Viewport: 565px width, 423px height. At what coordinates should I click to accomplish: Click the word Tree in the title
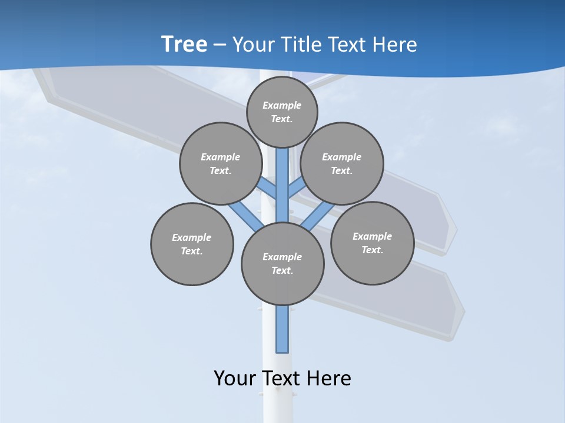coord(184,45)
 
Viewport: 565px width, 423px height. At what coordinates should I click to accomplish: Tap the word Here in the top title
coord(395,45)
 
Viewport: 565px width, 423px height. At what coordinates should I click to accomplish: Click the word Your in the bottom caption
coord(235,378)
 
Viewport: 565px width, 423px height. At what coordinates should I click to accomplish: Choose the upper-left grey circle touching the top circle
coord(220,163)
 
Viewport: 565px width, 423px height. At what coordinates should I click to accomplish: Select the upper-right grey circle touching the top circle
coord(342,163)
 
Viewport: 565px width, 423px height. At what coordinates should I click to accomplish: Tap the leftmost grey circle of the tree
coord(192,244)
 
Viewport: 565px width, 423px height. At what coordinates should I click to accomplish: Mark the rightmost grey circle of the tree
coord(372,243)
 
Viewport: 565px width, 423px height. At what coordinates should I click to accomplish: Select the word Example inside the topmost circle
coord(282,106)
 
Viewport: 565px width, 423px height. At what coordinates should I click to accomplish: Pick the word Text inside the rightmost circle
coord(372,250)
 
